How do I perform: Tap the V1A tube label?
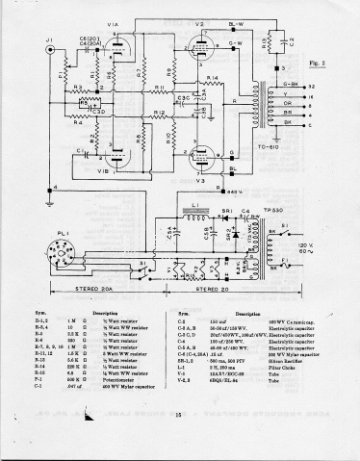pos(112,25)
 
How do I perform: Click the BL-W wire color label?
pos(235,23)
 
